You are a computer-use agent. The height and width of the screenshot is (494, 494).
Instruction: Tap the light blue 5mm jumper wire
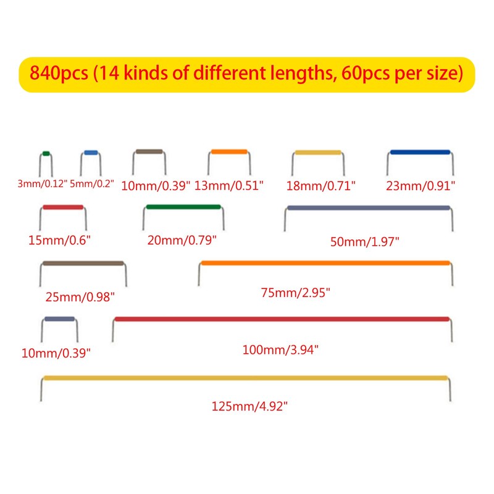point(90,152)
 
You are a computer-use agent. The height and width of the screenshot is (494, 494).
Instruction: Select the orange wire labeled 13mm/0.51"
point(228,152)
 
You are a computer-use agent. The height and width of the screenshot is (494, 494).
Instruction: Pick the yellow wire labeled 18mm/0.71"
point(318,153)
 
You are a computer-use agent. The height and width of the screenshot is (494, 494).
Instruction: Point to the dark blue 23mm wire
point(420,152)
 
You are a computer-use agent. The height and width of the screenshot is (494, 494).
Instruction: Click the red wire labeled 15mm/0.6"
point(62,207)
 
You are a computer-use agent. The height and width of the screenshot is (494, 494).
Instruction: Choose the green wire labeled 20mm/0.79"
point(183,207)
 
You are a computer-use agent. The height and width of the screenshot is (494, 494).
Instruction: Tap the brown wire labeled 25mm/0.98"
point(83,264)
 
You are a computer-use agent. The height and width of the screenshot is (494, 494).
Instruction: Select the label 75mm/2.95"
point(295,293)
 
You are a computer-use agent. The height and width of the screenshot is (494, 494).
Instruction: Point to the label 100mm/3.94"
point(280,350)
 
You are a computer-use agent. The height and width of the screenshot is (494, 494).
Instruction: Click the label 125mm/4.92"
point(250,406)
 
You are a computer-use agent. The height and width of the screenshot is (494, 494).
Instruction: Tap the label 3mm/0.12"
point(42,184)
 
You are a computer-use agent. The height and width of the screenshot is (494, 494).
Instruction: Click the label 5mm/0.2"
point(93,184)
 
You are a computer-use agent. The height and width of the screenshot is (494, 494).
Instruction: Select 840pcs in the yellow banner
point(59,74)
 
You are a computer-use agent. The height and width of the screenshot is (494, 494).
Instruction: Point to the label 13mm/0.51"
point(229,185)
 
